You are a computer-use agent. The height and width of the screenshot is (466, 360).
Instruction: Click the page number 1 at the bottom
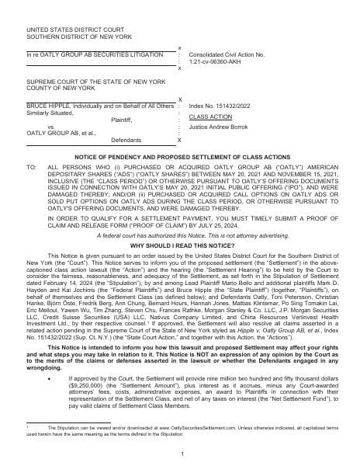[x=181, y=454]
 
